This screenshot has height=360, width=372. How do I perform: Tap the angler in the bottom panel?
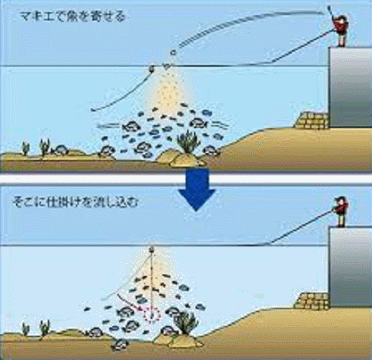(x=341, y=211)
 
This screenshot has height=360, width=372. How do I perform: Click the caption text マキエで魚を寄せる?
(x=73, y=17)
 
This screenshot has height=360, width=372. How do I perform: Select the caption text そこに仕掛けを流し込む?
(x=76, y=202)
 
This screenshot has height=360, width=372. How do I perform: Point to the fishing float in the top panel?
(x=152, y=68)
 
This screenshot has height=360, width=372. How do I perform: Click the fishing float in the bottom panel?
(x=152, y=249)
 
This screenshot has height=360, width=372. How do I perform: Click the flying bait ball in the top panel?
(x=173, y=52)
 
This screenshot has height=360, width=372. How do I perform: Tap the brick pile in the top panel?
(x=312, y=121)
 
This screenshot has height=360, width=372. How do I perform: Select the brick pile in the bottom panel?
(x=312, y=301)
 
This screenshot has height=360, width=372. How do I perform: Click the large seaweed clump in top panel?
(x=188, y=142)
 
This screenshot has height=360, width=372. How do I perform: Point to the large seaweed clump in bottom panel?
(x=186, y=323)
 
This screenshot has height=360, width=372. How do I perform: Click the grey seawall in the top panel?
(x=351, y=87)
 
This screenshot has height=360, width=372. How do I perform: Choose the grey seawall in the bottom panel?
(x=351, y=267)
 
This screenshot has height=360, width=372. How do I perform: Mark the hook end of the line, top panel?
(x=92, y=110)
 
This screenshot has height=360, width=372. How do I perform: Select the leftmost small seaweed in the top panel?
(x=26, y=148)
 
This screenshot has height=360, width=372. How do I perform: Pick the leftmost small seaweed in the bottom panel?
(x=26, y=329)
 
